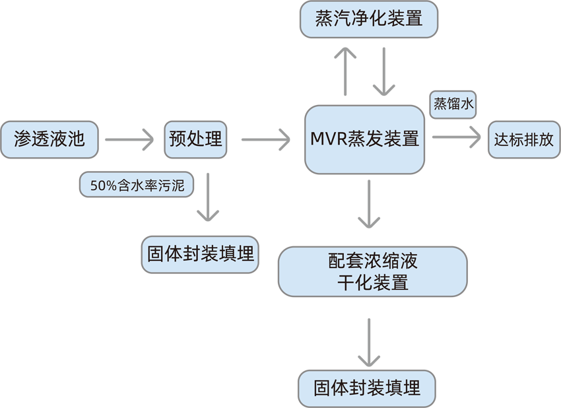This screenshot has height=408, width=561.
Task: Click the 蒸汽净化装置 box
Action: (369, 19)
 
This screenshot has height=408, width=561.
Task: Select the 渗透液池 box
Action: (49, 139)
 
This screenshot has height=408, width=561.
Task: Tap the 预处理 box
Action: (195, 139)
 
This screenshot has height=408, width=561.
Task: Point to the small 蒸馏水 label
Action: (454, 104)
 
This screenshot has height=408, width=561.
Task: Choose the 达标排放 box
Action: (523, 140)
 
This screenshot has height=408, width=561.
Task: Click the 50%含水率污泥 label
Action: (137, 186)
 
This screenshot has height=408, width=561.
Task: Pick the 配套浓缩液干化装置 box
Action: (373, 271)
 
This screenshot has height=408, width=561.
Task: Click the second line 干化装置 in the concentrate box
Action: (373, 283)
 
